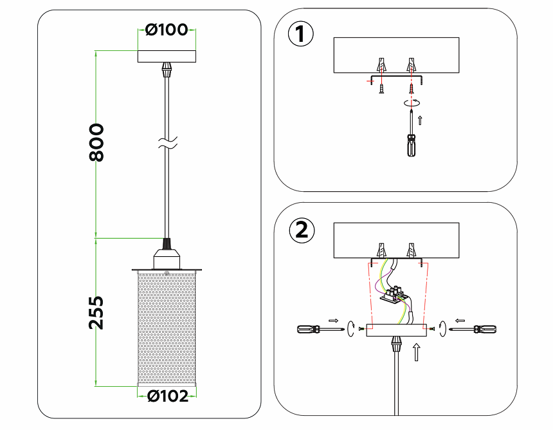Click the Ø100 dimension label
(167, 30)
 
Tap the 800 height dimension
(96, 142)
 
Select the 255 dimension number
(96, 312)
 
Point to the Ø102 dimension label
(168, 397)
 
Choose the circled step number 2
(301, 230)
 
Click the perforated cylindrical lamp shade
(167, 327)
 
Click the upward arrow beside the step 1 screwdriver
(421, 119)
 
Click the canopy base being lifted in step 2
(396, 330)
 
